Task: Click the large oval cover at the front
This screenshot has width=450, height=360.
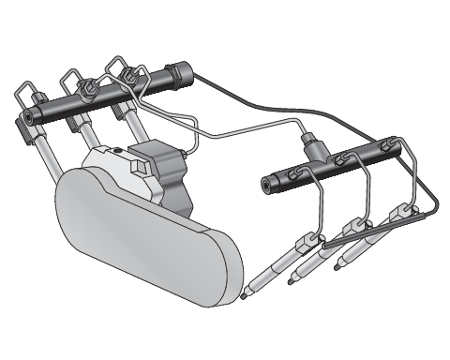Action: point(141,244)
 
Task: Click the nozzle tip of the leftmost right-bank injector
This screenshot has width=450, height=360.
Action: point(245,293)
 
